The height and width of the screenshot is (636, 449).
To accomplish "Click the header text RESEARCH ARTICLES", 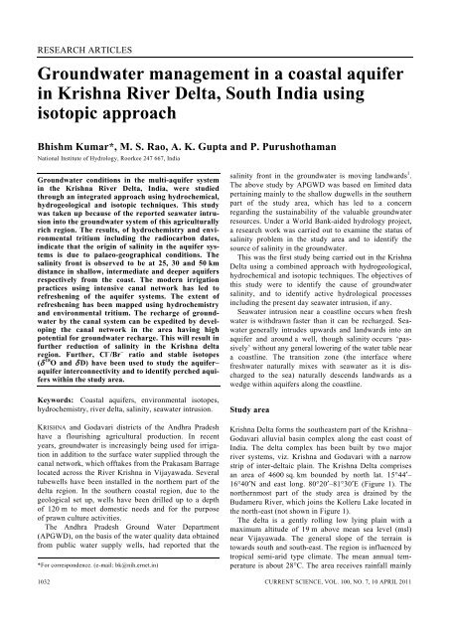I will click(75, 45).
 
